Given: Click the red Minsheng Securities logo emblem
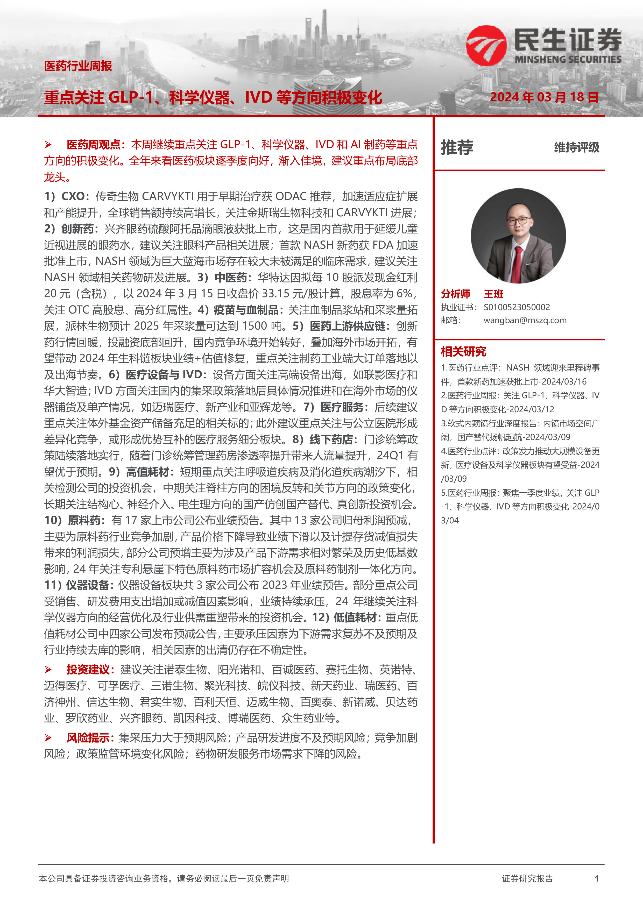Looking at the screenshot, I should click(486, 46).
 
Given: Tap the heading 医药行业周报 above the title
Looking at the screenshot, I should click(78, 66).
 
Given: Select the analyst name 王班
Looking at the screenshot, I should click(493, 294).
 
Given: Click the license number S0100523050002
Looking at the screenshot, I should click(517, 307).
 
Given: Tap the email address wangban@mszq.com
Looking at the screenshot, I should click(525, 320).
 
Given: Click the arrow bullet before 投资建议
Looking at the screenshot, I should click(48, 670).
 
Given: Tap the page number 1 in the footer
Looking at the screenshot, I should click(597, 878).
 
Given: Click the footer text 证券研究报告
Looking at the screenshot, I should click(527, 878).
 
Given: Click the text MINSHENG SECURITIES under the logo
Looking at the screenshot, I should click(568, 59).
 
